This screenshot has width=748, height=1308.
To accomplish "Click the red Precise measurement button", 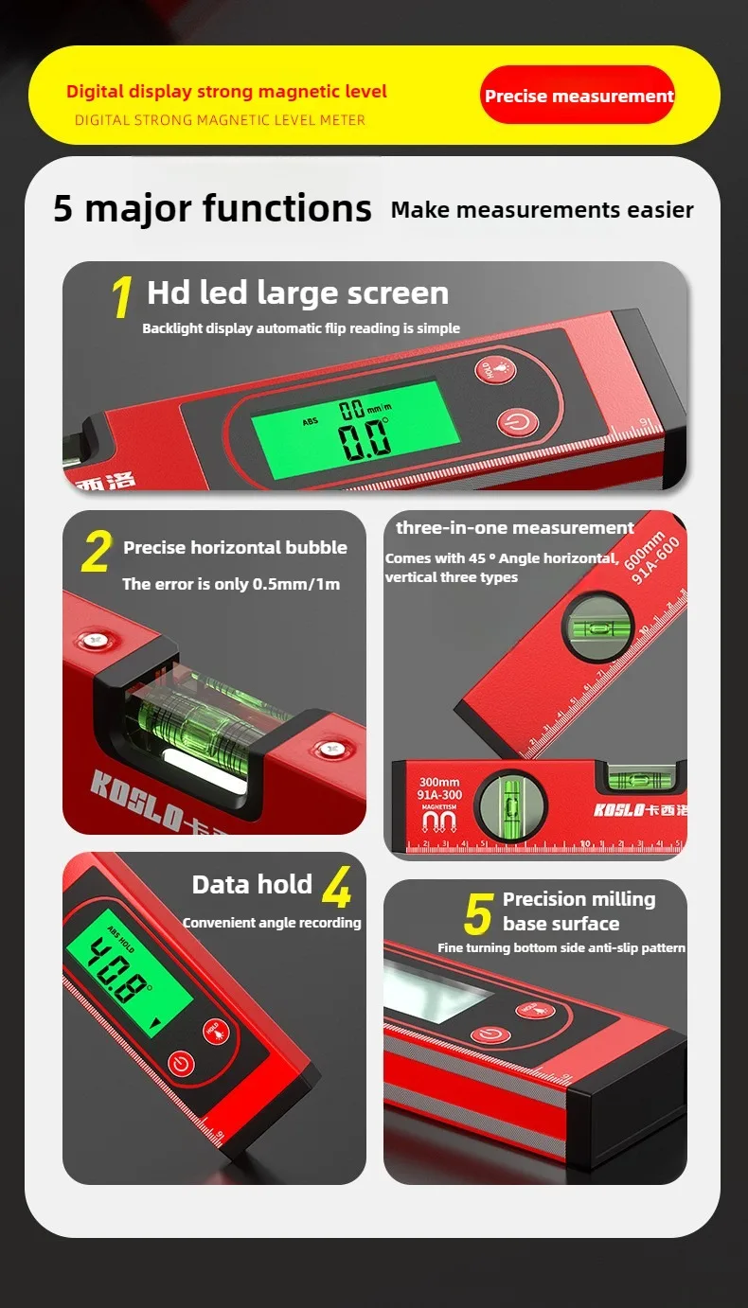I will tap(577, 96).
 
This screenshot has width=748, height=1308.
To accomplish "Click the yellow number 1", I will tap(121, 297).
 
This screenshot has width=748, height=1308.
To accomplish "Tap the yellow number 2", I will tap(96, 553).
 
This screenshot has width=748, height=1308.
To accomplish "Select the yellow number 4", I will tap(336, 888).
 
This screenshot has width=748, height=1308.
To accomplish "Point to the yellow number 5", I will tap(478, 914).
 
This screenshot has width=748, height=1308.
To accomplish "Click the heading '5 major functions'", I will tap(212, 208).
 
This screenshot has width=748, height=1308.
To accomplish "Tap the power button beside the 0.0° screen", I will tap(512, 423).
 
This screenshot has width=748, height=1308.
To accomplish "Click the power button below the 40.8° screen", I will tap(181, 1063).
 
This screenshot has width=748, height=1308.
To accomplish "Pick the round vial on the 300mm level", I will tap(510, 807).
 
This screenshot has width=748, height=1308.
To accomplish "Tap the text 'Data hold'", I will tap(252, 884).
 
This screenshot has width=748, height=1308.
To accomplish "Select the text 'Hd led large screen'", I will tap(297, 293).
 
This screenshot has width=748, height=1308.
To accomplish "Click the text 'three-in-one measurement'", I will tap(515, 528).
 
